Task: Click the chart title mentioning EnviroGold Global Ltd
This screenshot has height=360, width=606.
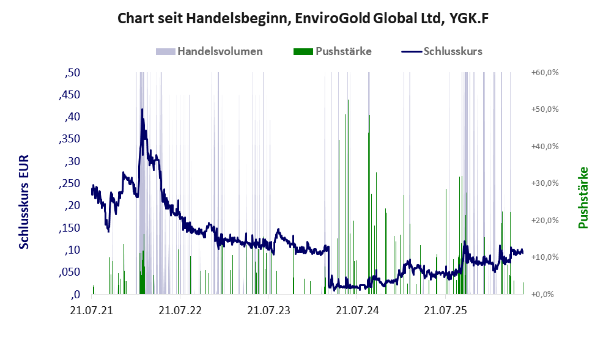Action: (x=303, y=18)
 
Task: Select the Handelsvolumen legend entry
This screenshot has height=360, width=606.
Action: (x=209, y=51)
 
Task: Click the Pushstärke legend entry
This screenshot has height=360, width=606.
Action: (x=333, y=51)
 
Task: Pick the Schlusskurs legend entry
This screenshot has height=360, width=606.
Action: (x=442, y=51)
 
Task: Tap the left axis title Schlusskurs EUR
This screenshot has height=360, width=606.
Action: (x=24, y=202)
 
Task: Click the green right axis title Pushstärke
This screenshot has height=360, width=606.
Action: (x=583, y=197)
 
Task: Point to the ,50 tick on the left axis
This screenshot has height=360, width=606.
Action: (x=72, y=73)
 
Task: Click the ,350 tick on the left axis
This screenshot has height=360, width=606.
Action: (x=70, y=139)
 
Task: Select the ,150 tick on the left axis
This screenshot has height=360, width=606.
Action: (x=70, y=228)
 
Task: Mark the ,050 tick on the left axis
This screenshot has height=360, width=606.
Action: (x=70, y=273)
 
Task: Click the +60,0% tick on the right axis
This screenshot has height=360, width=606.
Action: (x=545, y=73)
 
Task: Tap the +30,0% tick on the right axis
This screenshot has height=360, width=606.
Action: (x=545, y=183)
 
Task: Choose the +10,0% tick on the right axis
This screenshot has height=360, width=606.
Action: (x=545, y=257)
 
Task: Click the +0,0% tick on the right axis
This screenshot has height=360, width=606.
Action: (x=542, y=295)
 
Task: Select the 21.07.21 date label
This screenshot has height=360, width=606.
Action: (x=92, y=310)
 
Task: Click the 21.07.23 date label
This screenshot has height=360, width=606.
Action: (x=268, y=310)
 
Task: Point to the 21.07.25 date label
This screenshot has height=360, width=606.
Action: (x=445, y=310)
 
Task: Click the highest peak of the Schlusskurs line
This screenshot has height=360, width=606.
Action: (x=142, y=109)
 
